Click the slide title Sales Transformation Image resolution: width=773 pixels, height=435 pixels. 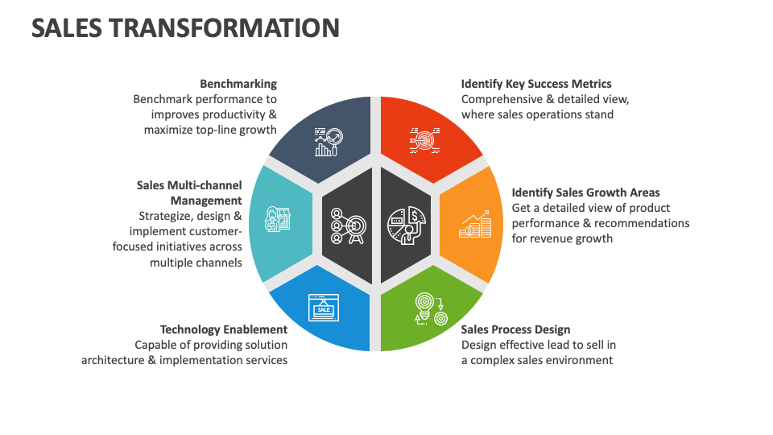tap(185, 27)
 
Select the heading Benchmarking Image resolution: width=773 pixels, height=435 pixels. tap(238, 84)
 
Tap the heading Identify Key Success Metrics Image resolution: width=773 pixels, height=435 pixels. tap(536, 84)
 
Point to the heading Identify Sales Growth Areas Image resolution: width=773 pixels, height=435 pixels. tap(585, 193)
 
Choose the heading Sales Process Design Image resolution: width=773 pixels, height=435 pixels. tap(515, 329)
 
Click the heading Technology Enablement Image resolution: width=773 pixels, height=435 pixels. tap(223, 329)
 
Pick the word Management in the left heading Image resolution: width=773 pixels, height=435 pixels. tap(206, 201)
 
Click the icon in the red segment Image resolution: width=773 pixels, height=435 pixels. tap(424, 139)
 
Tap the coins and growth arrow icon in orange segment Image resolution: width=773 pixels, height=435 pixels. tap(474, 225)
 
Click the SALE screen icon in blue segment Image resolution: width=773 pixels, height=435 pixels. tap(324, 309)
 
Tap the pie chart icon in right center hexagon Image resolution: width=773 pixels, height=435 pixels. tap(406, 225)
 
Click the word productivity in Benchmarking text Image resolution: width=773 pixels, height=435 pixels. tap(233, 114)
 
